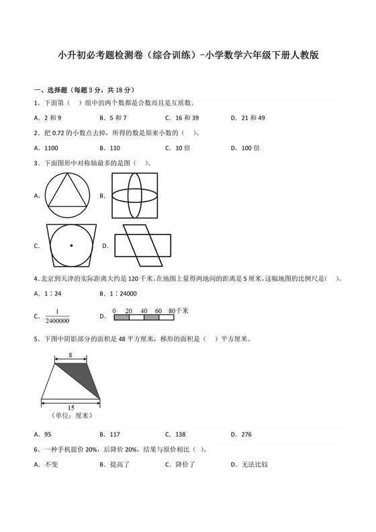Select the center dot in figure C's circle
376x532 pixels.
70,246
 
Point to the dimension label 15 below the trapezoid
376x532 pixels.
70,408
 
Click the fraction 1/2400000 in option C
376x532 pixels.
58,315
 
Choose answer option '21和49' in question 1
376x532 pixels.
252,118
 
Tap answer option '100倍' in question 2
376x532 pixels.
250,148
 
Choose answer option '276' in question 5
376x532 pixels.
246,434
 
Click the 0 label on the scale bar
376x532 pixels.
115,310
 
